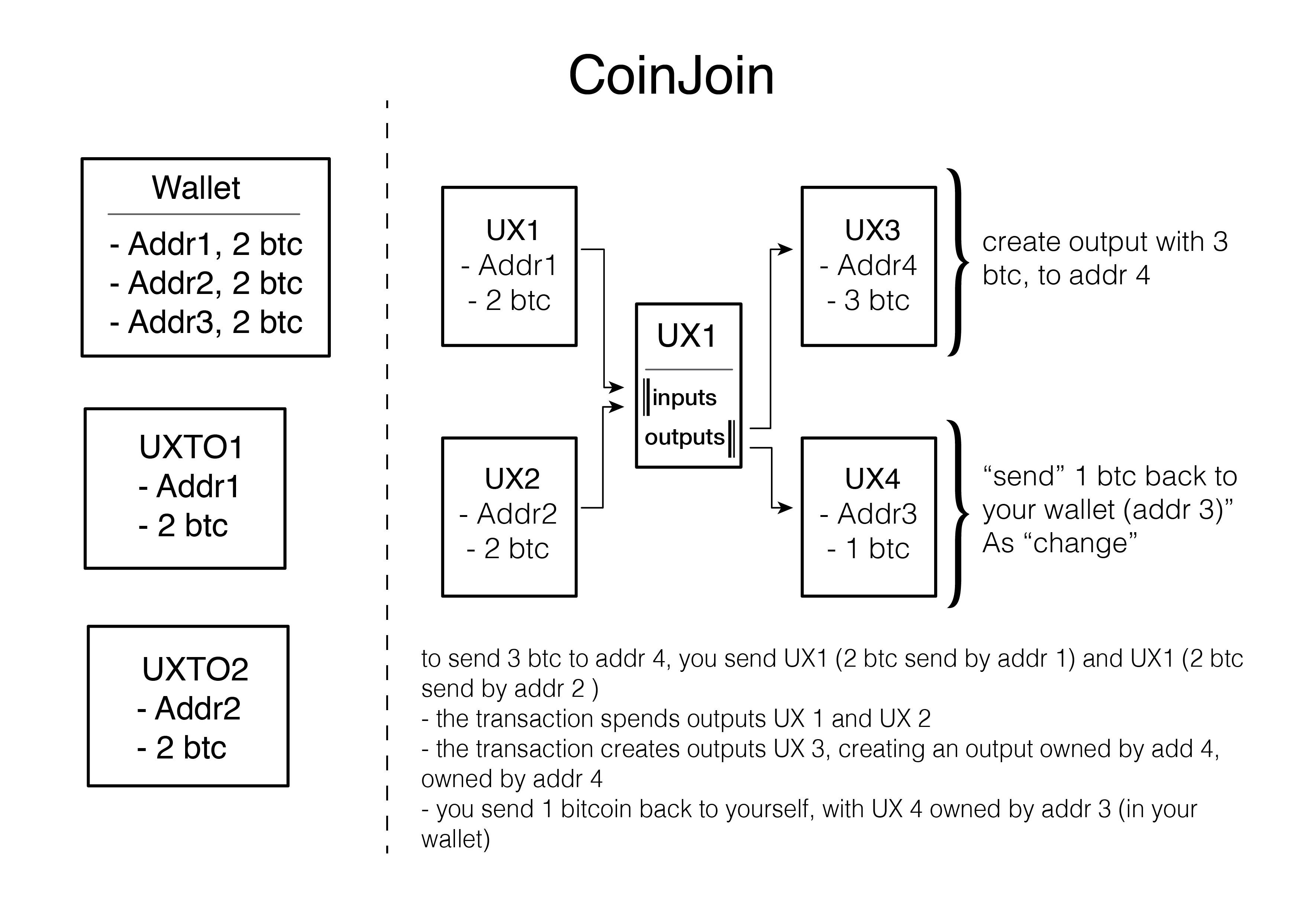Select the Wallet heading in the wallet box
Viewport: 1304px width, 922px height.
pyautogui.click(x=196, y=188)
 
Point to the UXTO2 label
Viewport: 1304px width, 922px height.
pyautogui.click(x=195, y=669)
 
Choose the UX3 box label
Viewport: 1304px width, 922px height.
pyautogui.click(x=872, y=230)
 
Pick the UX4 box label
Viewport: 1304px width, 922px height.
pyautogui.click(x=872, y=479)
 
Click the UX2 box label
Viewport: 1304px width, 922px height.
pyautogui.click(x=512, y=479)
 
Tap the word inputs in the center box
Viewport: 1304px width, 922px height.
pyautogui.click(x=684, y=397)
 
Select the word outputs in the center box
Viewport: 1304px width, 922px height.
pyautogui.click(x=684, y=437)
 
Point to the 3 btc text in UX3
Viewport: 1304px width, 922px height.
pyautogui.click(x=877, y=300)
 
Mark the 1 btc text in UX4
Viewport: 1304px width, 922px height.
pyautogui.click(x=877, y=549)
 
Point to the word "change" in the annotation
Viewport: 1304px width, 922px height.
pyautogui.click(x=1085, y=543)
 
